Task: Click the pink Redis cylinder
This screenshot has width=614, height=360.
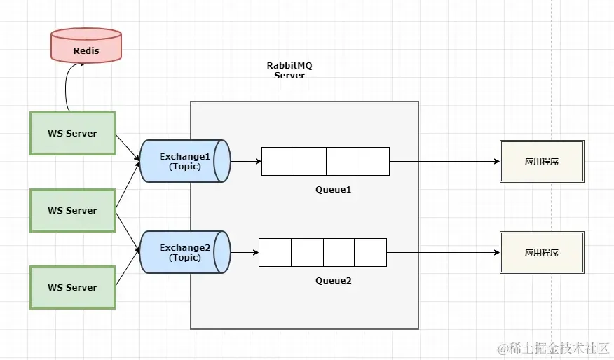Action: (86, 46)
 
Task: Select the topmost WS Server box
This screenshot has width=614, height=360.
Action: (72, 133)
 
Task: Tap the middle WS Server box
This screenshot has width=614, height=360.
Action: (72, 210)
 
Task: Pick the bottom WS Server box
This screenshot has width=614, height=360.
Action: (72, 287)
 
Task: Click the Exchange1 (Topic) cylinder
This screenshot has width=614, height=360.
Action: (184, 161)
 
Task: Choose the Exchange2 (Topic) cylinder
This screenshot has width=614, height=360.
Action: (184, 252)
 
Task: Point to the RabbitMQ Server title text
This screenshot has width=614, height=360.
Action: (289, 70)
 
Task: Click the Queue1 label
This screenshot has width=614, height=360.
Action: (333, 190)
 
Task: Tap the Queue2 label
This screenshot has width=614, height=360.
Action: (333, 281)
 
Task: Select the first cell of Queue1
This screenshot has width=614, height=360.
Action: (278, 161)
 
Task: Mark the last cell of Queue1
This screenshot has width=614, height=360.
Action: (373, 161)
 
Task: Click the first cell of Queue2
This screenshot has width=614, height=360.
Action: (275, 252)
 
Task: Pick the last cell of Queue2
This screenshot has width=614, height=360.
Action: (370, 252)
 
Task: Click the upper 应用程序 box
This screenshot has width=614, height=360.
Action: (541, 161)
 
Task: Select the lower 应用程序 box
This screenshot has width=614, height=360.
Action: (541, 252)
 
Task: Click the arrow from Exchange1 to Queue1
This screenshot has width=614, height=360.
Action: (245, 161)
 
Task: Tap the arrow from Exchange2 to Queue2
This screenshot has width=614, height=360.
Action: (244, 252)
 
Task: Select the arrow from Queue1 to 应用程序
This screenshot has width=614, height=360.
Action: (444, 161)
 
